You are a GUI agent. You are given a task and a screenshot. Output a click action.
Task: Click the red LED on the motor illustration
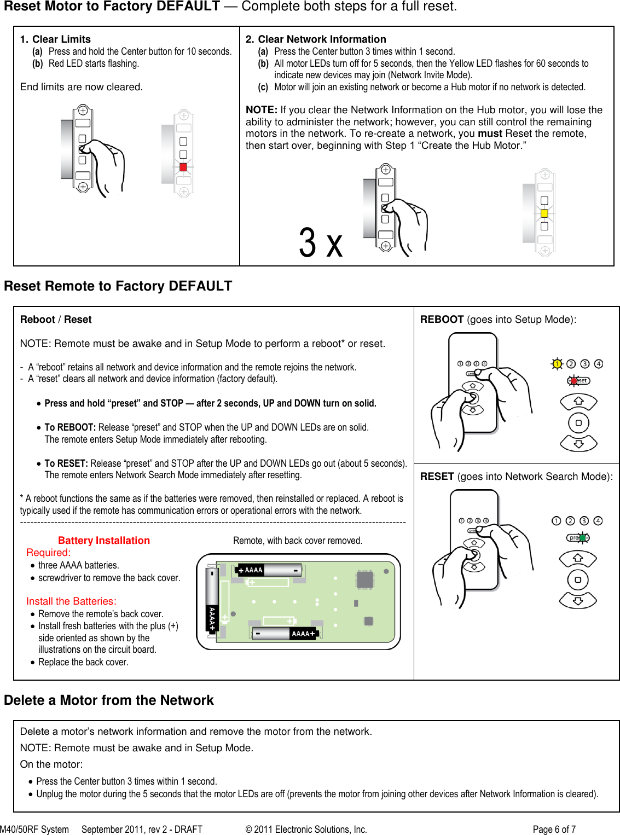183,167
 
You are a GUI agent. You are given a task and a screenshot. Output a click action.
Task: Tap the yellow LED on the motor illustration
544,213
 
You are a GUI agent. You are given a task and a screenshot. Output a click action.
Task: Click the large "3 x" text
321,243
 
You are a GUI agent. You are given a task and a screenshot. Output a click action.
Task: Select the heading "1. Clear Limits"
56,39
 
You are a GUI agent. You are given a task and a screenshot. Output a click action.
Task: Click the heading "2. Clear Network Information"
316,39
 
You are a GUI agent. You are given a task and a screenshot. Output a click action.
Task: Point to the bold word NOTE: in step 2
262,110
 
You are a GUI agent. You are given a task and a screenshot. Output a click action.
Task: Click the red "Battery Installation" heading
104,541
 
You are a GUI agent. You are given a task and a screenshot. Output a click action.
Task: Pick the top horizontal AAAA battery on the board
269,570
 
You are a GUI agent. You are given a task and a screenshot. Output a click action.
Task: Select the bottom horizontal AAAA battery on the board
285,634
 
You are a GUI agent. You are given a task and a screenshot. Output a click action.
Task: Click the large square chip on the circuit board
365,579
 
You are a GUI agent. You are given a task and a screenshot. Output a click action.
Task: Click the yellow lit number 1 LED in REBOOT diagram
557,364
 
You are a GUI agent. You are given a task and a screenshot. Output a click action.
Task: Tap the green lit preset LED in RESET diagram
583,538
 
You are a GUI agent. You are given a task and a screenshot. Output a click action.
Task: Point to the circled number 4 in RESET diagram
598,521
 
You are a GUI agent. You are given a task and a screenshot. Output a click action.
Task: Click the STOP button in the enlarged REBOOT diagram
578,423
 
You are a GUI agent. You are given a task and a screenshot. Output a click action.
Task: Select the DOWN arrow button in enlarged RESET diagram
578,601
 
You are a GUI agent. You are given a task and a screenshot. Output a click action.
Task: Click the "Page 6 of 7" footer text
554,830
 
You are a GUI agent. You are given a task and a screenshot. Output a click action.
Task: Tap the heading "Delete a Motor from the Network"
109,700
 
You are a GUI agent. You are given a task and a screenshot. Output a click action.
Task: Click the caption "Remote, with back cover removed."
298,541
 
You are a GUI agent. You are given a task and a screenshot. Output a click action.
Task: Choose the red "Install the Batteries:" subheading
71,601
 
